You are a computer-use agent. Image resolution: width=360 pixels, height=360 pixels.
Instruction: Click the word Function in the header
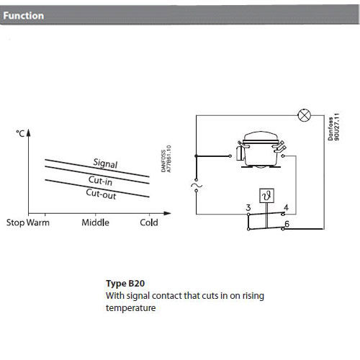click(x=24, y=16)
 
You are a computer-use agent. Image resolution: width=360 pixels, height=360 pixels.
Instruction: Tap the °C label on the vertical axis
click(x=20, y=133)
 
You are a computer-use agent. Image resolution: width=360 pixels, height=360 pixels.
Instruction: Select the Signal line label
click(x=105, y=163)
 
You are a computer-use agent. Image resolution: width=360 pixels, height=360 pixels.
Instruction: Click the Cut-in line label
click(x=100, y=181)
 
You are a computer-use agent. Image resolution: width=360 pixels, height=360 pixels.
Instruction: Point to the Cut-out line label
click(x=101, y=194)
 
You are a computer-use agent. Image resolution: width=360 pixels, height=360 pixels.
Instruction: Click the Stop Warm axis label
click(x=28, y=222)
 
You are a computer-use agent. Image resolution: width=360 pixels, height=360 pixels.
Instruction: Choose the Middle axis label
click(x=95, y=222)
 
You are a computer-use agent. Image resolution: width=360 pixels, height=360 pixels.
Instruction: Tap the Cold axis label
click(x=149, y=222)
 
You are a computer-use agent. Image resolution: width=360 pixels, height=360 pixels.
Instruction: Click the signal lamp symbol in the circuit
click(x=304, y=115)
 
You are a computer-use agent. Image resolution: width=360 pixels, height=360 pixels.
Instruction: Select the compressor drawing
click(x=261, y=149)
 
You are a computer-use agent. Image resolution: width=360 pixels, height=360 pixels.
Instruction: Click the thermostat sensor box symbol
click(x=266, y=196)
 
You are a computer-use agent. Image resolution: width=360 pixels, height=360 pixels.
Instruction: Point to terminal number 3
click(x=248, y=207)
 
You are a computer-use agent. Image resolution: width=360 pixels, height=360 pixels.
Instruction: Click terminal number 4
click(x=286, y=207)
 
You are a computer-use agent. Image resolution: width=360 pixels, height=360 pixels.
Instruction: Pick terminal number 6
click(x=287, y=224)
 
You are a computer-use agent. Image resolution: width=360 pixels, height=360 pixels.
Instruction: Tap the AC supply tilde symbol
click(x=197, y=185)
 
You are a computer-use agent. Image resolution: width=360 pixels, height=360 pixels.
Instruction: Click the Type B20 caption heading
click(x=125, y=284)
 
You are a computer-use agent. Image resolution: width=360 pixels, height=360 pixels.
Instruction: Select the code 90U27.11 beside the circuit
click(x=337, y=127)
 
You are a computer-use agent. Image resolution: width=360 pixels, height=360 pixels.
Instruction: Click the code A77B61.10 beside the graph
click(x=168, y=158)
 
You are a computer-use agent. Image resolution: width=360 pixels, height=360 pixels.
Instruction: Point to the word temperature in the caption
click(x=131, y=308)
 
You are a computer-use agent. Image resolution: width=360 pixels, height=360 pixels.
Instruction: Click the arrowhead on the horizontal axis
click(x=168, y=213)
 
